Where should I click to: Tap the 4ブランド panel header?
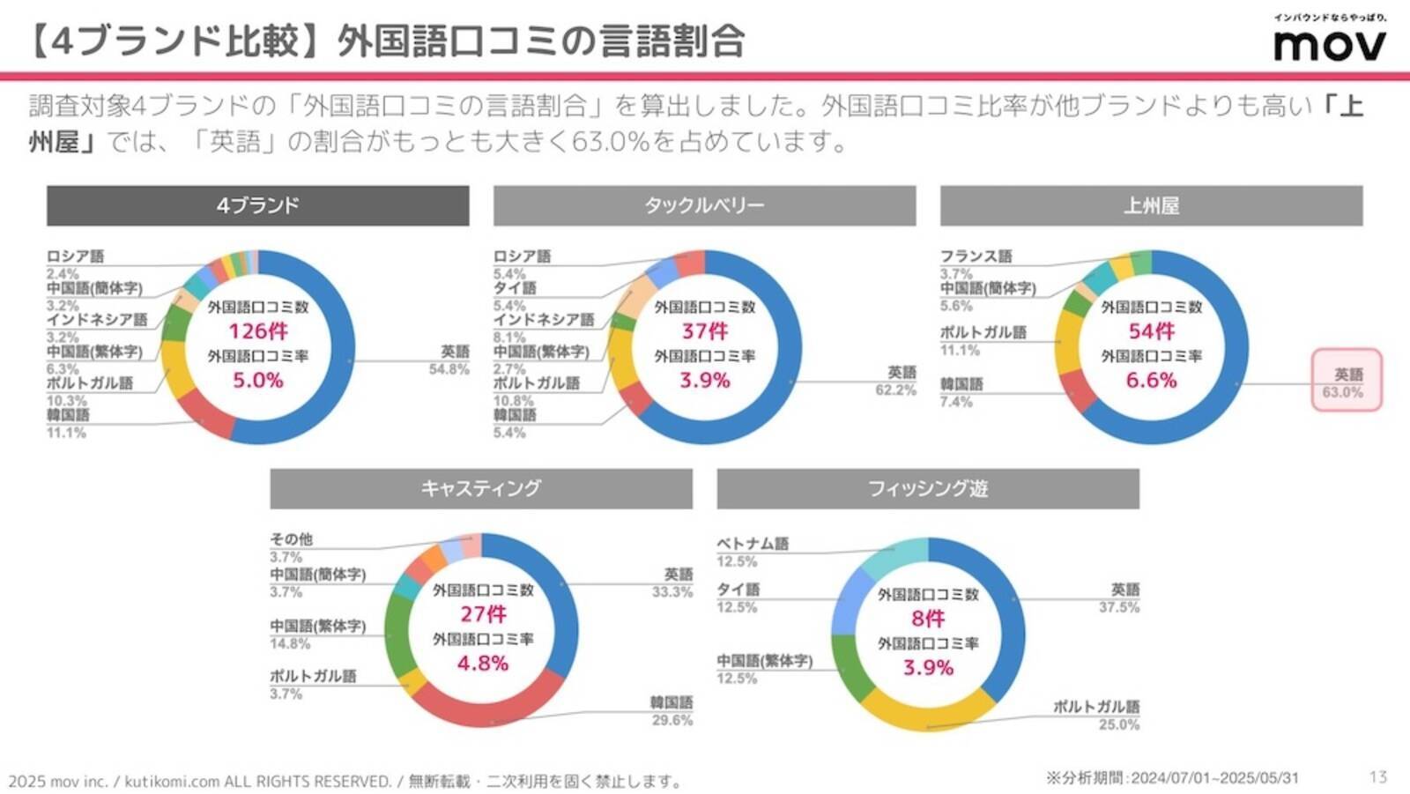click(x=257, y=205)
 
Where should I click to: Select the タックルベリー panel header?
click(x=704, y=205)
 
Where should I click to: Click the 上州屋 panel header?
click(x=1151, y=205)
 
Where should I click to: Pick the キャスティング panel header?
click(x=481, y=488)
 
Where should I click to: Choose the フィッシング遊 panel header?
click(x=928, y=488)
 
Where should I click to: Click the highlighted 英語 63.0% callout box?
click(x=1347, y=381)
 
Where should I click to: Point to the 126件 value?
click(x=258, y=331)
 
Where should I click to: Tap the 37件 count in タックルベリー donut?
click(x=705, y=331)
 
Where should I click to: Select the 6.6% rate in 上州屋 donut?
click(x=1151, y=380)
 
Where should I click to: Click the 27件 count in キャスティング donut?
click(x=483, y=614)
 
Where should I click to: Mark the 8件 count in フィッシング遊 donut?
click(x=928, y=619)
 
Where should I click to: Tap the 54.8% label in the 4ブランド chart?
click(x=449, y=369)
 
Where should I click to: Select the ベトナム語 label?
click(x=753, y=544)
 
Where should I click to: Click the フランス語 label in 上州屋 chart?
click(x=976, y=256)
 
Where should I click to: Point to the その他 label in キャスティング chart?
click(x=291, y=539)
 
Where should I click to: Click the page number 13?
click(x=1378, y=776)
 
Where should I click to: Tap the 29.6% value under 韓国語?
click(x=672, y=720)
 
